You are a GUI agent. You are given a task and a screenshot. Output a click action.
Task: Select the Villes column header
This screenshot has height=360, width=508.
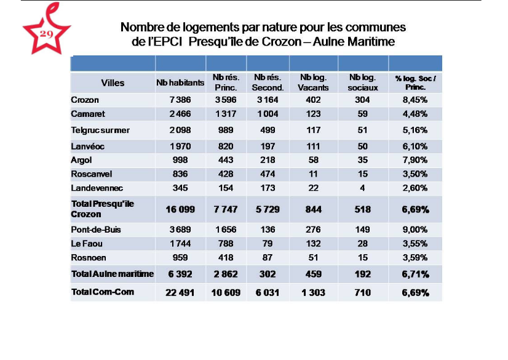pyautogui.click(x=113, y=83)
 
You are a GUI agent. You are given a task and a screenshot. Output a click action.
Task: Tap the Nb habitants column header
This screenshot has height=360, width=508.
pyautogui.click(x=180, y=83)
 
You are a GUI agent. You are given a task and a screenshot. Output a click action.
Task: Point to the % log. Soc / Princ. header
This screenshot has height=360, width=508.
pyautogui.click(x=415, y=82)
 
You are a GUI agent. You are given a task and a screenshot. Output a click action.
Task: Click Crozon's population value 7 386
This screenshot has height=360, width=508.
pyautogui.click(x=180, y=100)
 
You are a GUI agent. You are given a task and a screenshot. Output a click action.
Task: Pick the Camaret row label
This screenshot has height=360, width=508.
pyautogui.click(x=88, y=114)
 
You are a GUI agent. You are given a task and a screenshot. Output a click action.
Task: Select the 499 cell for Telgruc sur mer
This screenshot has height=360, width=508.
pyautogui.click(x=268, y=130)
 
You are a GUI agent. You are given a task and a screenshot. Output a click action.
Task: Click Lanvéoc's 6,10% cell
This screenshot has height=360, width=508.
pyautogui.click(x=415, y=146)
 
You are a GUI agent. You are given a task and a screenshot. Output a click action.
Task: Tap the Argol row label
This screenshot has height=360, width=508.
pyautogui.click(x=81, y=160)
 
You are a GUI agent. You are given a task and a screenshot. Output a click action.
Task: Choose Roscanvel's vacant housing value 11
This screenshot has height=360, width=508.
pyautogui.click(x=313, y=174)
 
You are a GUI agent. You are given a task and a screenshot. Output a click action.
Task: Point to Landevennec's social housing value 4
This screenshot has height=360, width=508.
pyautogui.click(x=363, y=187)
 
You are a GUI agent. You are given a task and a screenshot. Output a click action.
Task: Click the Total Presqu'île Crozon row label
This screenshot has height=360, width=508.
pyautogui.click(x=103, y=209)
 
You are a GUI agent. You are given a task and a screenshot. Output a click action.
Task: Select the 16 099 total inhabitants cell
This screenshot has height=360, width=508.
pyautogui.click(x=180, y=209)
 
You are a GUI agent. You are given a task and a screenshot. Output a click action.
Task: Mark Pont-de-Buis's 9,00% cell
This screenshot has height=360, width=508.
pyautogui.click(x=415, y=230)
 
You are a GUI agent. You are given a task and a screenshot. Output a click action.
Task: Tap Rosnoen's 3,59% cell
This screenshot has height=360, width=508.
pyautogui.click(x=415, y=257)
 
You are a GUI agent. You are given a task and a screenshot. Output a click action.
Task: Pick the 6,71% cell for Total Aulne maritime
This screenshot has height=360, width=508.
pyautogui.click(x=415, y=274)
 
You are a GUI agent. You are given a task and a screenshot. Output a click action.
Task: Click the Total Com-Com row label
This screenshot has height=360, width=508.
pyautogui.click(x=103, y=291)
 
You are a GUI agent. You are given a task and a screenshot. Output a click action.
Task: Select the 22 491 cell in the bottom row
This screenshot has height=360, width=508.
pyautogui.click(x=180, y=292)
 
